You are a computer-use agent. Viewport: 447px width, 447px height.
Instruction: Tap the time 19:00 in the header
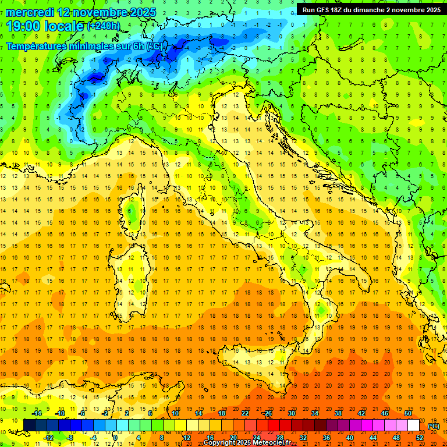[x=24, y=26]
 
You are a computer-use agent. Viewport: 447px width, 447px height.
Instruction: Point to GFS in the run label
[x=330, y=10]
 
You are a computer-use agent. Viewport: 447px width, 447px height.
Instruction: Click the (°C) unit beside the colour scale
[x=434, y=426]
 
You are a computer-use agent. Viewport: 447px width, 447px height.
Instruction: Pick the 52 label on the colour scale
[x=420, y=438]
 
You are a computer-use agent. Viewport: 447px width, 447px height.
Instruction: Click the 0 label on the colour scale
[x=115, y=438]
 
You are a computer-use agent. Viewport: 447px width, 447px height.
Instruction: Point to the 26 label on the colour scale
[x=268, y=413]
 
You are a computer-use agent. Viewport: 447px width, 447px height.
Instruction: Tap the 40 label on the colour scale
[x=350, y=438]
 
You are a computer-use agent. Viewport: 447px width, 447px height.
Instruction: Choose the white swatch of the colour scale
[x=413, y=425]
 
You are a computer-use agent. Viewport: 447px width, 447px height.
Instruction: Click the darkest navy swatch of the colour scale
[x=29, y=425]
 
